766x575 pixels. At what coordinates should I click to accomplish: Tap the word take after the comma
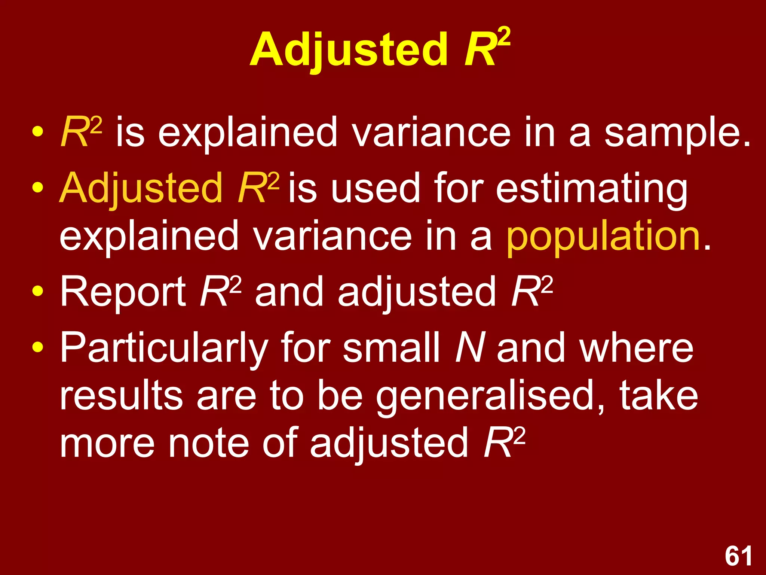tap(659, 396)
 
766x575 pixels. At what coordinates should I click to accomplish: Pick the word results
tap(121, 396)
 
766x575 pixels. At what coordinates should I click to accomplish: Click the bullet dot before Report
tap(37, 291)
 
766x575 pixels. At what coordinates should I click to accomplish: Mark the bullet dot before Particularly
tap(37, 348)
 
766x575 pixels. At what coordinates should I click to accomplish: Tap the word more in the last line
tap(107, 444)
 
